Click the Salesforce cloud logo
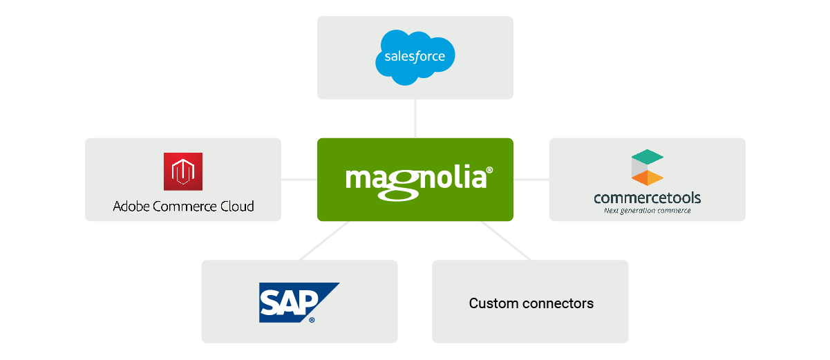pyautogui.click(x=415, y=57)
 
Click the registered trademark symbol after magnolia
pyautogui.click(x=489, y=170)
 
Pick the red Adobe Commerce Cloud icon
pyautogui.click(x=183, y=171)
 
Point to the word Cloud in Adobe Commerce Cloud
pyautogui.click(x=237, y=206)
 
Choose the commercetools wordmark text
pyautogui.click(x=647, y=199)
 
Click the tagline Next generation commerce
pyautogui.click(x=647, y=211)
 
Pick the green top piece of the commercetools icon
pyautogui.click(x=648, y=157)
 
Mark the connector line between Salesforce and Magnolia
pyautogui.click(x=415, y=118)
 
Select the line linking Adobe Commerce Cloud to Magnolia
pyautogui.click(x=299, y=180)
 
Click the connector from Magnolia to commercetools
pyautogui.click(x=531, y=180)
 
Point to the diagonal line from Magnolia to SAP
pyautogui.click(x=324, y=240)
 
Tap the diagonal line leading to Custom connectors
pyautogui.click(x=506, y=240)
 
